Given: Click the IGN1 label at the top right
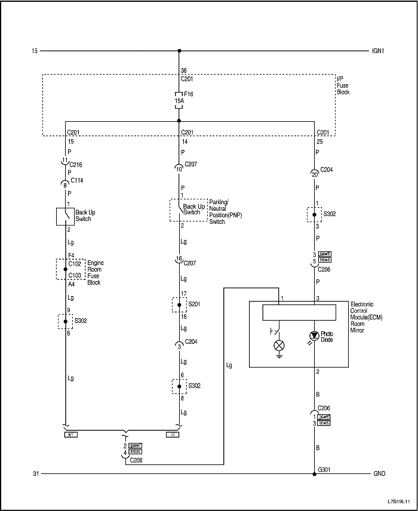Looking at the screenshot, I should point(377,51).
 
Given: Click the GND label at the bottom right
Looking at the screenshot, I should point(379,474).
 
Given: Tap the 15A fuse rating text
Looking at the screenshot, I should point(178,101).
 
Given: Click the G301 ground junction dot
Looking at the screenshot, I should point(314,474).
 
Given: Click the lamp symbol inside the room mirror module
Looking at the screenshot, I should point(278,346).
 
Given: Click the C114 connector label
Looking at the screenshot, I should point(76,180).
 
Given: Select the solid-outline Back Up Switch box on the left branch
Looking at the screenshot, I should point(64,216).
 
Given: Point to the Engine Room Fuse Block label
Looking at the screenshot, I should point(94,272).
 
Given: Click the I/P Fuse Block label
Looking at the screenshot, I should point(343,85).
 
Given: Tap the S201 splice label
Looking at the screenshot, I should point(195,304).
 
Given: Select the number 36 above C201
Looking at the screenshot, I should point(183,71).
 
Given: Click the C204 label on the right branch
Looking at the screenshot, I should point(327,170).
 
